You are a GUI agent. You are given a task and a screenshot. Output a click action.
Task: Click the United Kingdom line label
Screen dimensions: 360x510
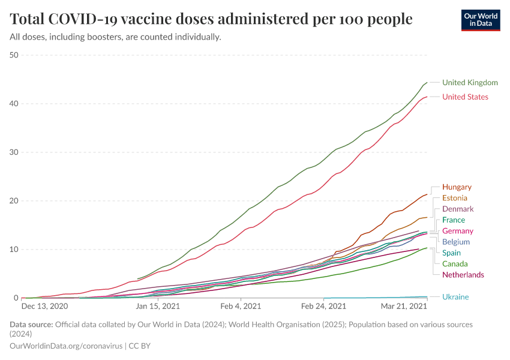[470, 82]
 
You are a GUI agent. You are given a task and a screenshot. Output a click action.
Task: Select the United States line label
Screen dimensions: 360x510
[465, 97]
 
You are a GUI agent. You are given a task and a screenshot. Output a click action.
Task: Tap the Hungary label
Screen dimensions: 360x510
[457, 187]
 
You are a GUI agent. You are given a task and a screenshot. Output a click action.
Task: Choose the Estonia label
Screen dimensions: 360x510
[455, 198]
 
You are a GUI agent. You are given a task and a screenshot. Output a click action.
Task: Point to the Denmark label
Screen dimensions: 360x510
[458, 209]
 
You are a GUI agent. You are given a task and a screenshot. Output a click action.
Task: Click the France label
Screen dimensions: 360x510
[454, 220]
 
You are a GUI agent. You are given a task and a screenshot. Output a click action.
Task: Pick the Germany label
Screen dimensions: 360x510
[458, 231]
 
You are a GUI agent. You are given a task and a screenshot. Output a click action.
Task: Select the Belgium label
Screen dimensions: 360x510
[456, 242]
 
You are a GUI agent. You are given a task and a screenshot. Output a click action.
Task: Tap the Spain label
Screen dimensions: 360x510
[452, 253]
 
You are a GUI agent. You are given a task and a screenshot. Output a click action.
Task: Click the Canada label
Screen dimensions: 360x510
[455, 264]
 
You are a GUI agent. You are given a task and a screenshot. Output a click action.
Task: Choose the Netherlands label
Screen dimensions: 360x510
[463, 275]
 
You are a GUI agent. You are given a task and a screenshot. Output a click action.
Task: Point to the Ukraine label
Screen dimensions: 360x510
[455, 297]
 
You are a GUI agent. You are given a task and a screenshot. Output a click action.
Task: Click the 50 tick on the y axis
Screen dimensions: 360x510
[14, 55]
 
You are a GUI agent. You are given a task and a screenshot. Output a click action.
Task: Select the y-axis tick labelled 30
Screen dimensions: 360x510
[14, 152]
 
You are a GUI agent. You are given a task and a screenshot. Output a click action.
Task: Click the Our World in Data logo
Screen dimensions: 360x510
[480, 20]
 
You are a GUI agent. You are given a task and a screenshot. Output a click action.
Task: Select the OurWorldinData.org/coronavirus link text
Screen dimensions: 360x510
[66, 346]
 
